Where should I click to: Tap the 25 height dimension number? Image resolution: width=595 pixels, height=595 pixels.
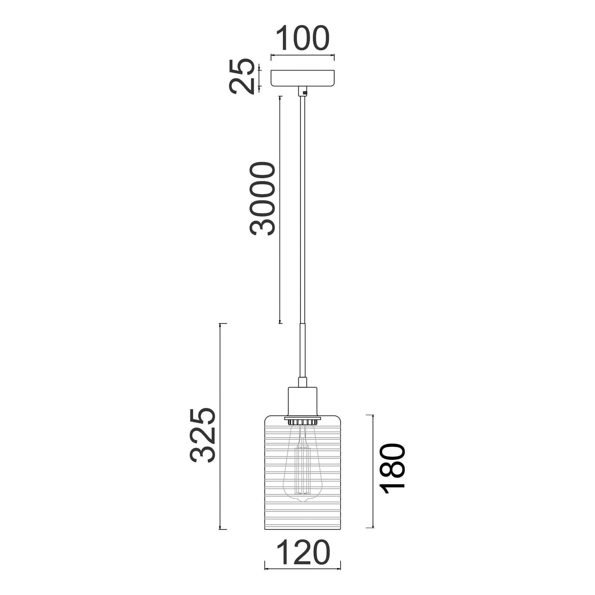point(242,76)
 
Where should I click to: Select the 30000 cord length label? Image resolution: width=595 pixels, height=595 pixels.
point(262,199)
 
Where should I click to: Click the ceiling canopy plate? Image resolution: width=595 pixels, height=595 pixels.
point(302,78)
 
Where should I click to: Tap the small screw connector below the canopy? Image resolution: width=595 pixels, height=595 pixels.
point(302,92)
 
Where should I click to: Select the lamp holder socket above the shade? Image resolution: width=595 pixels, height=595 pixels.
point(302,401)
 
